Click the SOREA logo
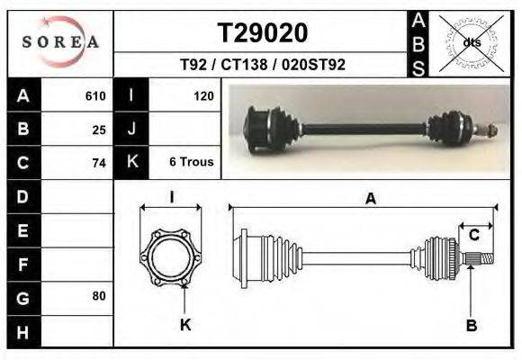coord(61,42)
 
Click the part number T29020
coord(263,33)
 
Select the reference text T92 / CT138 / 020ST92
coord(263,65)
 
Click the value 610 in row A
coord(95,95)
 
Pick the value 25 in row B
coord(99,129)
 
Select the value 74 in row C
coord(99,163)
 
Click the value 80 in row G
coord(99,296)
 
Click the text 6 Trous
coord(191,163)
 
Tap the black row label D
coord(22,196)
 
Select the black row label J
coord(131,129)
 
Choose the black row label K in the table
coord(131,163)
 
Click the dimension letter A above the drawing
coord(370,200)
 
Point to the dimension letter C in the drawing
coord(473,236)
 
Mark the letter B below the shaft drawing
coord(471,325)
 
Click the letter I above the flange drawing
coord(171,198)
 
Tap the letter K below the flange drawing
coord(185,325)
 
